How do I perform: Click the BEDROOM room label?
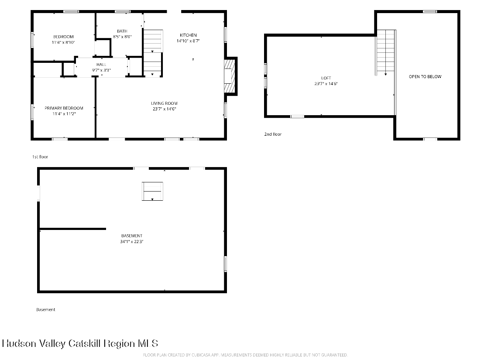pos(63,37)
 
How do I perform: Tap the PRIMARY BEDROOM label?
pos(64,108)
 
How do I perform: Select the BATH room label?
pos(122,31)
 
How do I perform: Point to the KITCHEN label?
pos(188,35)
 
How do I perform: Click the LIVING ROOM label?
pos(165,103)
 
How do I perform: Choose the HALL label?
pos(101,65)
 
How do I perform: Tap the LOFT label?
pos(326,78)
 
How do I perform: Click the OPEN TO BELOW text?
pos(425,76)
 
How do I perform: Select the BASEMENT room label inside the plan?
pos(132,236)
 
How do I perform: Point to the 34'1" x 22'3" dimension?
pos(132,241)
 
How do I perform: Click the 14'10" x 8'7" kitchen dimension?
pos(188,41)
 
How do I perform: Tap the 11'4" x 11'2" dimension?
pos(64,113)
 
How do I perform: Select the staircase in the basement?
pos(152,191)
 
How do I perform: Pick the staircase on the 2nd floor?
pos(385,53)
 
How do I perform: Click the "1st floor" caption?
pos(40,157)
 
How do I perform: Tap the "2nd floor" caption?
pos(273,134)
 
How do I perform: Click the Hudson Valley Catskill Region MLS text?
pos(80,343)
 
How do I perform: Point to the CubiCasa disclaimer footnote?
pos(245,355)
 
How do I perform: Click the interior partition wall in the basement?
pos(72,229)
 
